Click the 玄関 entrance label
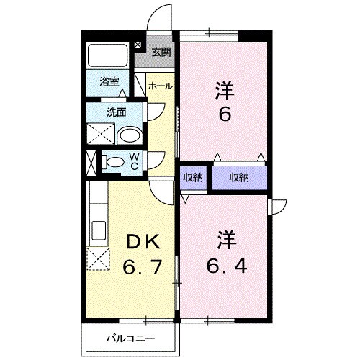coord(161,52)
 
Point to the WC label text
coord(135,162)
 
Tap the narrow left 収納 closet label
coord(193,176)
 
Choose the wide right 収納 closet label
coord(240,176)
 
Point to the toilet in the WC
coord(114,163)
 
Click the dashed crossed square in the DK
coord(98,258)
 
